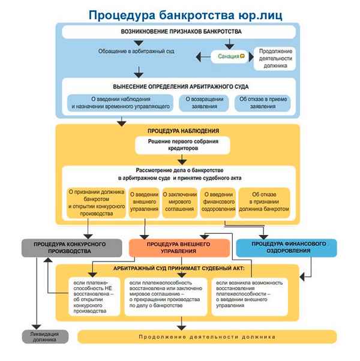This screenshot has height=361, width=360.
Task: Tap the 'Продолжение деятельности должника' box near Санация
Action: tap(274, 58)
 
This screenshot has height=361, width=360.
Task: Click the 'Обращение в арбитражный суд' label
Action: tap(137, 52)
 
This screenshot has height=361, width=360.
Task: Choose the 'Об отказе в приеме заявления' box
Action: tap(259, 103)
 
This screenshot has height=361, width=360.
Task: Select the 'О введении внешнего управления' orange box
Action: tap(144, 203)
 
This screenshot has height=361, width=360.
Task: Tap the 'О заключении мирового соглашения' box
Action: tap(180, 203)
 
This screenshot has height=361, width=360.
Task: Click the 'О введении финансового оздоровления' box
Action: tap(218, 203)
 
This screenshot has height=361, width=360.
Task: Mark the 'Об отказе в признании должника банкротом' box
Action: tap(264, 203)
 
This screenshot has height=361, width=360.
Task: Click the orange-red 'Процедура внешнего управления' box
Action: tap(179, 248)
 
